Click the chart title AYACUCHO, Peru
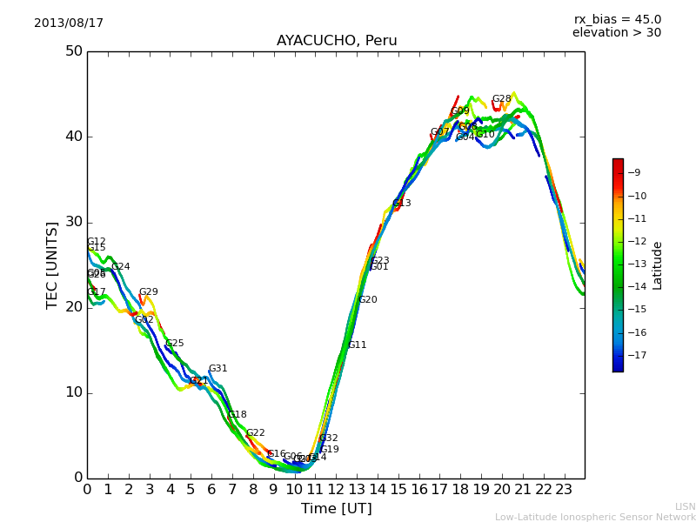(x=337, y=41)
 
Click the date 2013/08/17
(x=69, y=23)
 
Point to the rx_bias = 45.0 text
(x=617, y=19)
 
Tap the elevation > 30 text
(x=616, y=33)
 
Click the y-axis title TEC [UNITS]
(x=52, y=264)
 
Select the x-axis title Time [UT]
(x=336, y=509)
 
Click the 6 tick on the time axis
(x=211, y=489)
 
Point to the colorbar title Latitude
(x=658, y=265)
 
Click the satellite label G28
(x=502, y=99)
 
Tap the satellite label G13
(x=401, y=204)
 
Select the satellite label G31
(x=217, y=369)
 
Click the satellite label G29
(x=148, y=292)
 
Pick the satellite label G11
(x=357, y=345)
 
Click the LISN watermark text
(x=686, y=506)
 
